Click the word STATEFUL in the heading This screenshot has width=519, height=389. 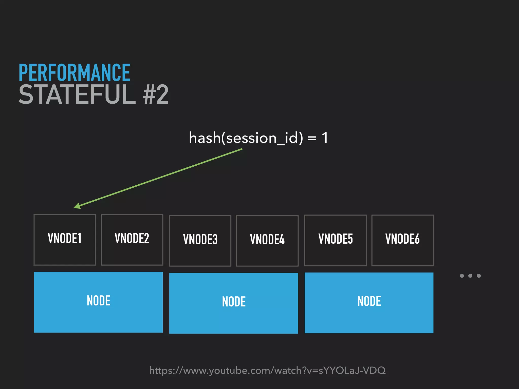coord(77,95)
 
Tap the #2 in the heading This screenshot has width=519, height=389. coord(155,95)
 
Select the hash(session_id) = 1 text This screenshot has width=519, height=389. coord(258,138)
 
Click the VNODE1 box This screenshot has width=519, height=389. coord(65,239)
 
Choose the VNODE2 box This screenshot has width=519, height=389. coord(132,239)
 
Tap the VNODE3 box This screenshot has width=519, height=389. coord(200,240)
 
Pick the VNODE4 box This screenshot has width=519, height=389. coord(267,240)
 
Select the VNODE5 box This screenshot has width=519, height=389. coord(335,240)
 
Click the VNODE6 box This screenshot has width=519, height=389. coord(402,240)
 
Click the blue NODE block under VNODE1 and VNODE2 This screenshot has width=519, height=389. coord(98,302)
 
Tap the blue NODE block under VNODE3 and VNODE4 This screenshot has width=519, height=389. coord(233,303)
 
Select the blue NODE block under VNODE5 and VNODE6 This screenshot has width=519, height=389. coord(369,303)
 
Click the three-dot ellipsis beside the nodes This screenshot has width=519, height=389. coord(470,276)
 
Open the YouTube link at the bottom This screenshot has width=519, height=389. coord(267,370)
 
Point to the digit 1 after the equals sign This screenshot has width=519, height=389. coord(325,138)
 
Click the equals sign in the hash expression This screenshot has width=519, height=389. coord(312,139)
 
